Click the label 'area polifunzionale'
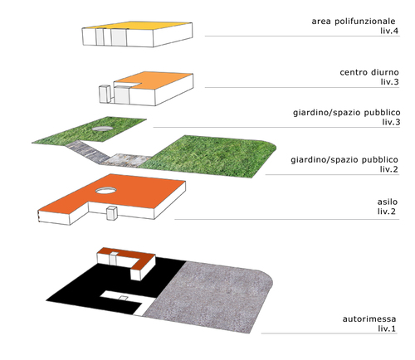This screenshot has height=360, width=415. pos(354,22)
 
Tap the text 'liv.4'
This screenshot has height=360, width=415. pos(389,31)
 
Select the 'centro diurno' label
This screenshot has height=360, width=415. pos(369,72)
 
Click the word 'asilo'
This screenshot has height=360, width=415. pos(388,202)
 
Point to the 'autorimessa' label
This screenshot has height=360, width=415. pos(369,319)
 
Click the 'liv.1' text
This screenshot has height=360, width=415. pos(387,328)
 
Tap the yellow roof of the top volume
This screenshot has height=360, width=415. pos(138,26)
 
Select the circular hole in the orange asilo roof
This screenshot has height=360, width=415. pos(106,190)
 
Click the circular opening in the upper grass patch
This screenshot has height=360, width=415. pos(102,129)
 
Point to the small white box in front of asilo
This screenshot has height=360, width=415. pos(112,213)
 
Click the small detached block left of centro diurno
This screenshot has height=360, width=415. pos(105,95)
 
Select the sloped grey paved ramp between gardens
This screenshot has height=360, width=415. pos(88,152)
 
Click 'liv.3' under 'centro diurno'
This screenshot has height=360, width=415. pos(389,82)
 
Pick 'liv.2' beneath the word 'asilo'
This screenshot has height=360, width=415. pos(387,212)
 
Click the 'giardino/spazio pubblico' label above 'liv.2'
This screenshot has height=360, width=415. pos(344,160)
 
